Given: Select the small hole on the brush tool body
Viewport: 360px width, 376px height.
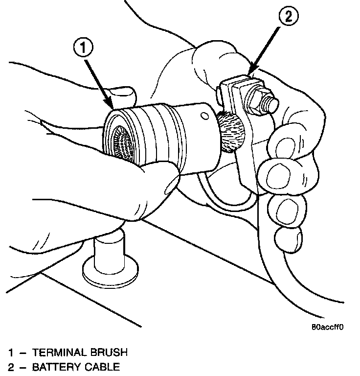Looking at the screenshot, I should (202, 117).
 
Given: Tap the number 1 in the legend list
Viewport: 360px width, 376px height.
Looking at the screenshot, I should (11, 352).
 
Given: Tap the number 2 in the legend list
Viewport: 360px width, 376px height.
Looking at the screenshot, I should (11, 366).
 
